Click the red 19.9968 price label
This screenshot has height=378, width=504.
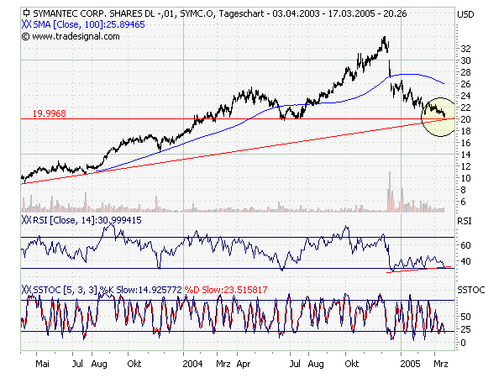(x=49, y=113)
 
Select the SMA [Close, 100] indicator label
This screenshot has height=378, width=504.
(x=79, y=25)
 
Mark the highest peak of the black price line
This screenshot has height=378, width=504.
(x=384, y=37)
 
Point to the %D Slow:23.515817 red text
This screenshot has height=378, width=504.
(x=227, y=289)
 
